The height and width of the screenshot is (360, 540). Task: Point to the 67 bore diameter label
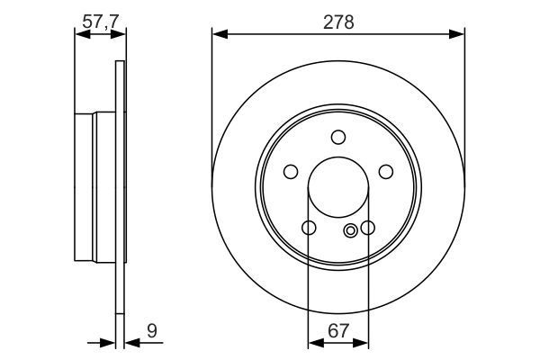[x=338, y=331]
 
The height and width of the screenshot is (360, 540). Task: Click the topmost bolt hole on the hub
[x=338, y=137]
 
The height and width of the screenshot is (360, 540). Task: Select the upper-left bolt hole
[x=291, y=172]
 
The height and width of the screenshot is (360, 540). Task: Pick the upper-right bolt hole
[x=386, y=172]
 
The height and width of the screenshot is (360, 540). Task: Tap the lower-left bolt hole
[x=309, y=229]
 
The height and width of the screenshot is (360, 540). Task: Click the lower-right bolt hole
[x=368, y=229]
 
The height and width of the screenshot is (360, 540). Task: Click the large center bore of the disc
[x=338, y=190]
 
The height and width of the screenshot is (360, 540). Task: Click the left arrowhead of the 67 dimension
[x=314, y=343]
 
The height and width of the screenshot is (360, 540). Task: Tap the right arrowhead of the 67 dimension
[x=363, y=343]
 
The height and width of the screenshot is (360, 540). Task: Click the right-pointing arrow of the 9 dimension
[x=110, y=343]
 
